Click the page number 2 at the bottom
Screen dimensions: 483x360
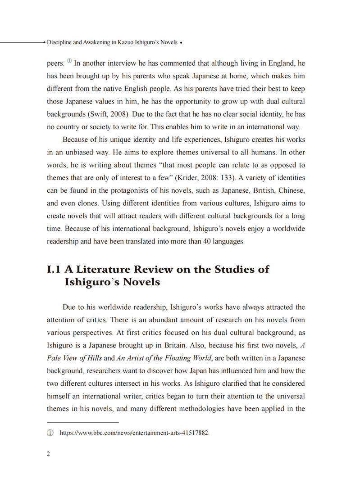coord(49,453)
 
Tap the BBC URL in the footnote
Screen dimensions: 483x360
coord(135,433)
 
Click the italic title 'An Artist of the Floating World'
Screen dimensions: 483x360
coord(164,358)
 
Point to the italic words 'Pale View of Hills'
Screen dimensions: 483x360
coord(74,358)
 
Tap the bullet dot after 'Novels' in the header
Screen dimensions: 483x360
coord(181,43)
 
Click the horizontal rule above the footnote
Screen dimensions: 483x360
coord(82,422)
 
